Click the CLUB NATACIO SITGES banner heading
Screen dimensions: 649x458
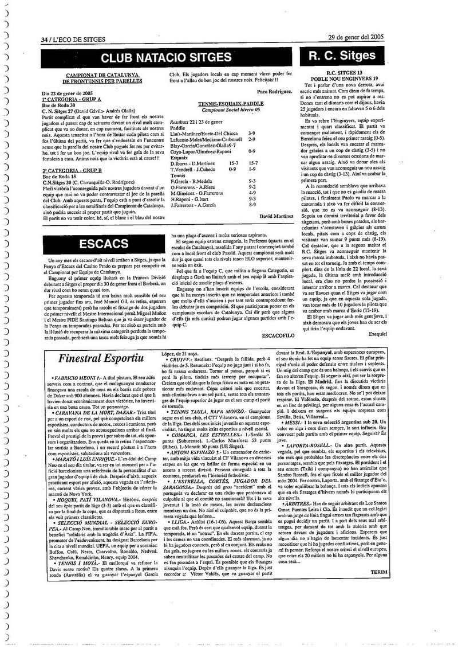pyautogui.click(x=166, y=58)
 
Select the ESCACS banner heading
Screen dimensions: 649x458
pyautogui.click(x=103, y=243)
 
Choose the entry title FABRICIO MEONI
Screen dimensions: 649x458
pyautogui.click(x=76, y=378)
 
